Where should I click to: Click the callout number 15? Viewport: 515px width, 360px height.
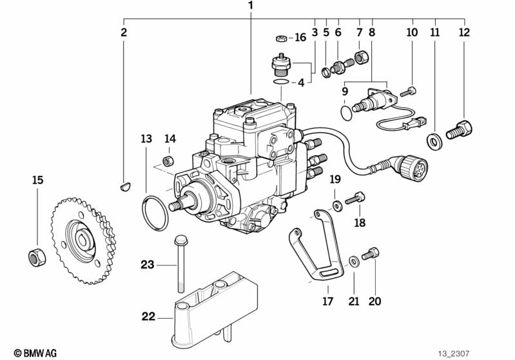click(38, 180)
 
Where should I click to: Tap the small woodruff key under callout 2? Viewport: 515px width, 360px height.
click(125, 187)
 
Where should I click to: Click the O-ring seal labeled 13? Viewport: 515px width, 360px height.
click(155, 213)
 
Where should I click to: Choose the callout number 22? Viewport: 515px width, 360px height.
click(148, 317)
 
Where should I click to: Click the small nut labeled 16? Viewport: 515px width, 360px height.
click(281, 39)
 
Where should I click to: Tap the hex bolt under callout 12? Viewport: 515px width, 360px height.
click(459, 129)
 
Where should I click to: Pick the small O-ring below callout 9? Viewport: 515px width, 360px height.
click(346, 113)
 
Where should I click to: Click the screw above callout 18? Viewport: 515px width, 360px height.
click(355, 198)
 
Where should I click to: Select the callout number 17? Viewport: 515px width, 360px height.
click(327, 301)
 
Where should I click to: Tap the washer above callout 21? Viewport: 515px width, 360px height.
click(353, 261)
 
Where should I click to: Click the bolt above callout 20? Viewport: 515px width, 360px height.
click(371, 254)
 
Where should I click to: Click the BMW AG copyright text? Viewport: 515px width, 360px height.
click(35, 353)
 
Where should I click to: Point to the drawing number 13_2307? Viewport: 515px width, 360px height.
click(454, 354)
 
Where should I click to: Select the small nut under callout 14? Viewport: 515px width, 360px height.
click(168, 161)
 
